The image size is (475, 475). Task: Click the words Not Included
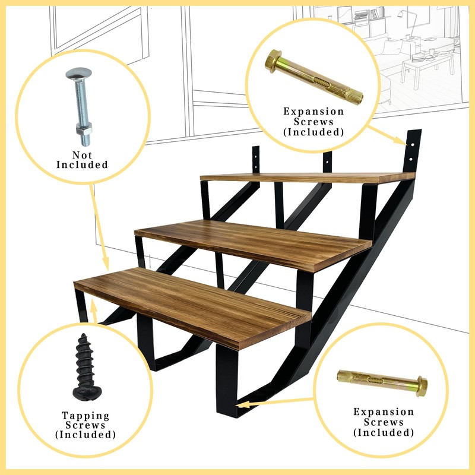coord(82,160)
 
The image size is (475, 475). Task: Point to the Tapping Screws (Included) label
coord(84,425)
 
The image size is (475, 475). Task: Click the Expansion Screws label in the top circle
coord(313,121)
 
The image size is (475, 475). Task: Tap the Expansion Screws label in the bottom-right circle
coord(383,422)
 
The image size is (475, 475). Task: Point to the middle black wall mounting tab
coord(327,160)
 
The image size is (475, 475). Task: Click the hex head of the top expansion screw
coord(275,60)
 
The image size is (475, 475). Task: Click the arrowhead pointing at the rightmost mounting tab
coord(404,142)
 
